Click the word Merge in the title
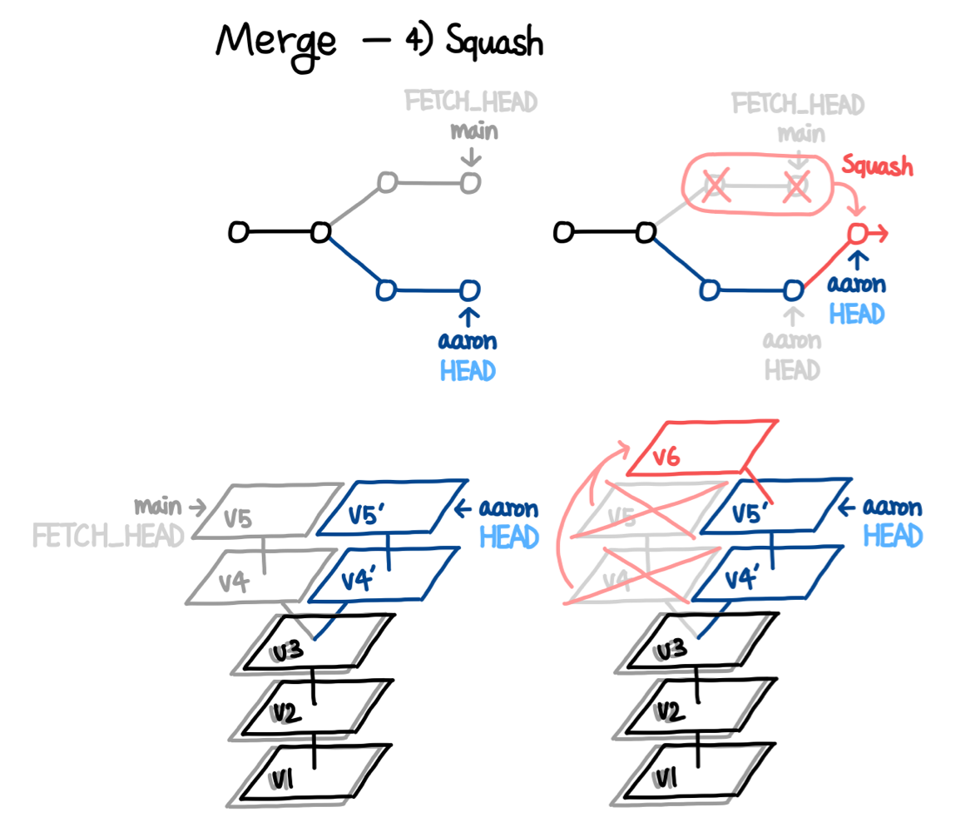click(275, 42)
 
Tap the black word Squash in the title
click(493, 42)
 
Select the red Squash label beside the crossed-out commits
click(877, 166)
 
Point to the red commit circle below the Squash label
click(857, 235)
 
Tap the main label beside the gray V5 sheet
click(158, 506)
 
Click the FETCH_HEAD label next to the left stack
click(108, 536)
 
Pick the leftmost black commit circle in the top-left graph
click(238, 234)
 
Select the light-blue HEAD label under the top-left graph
click(468, 370)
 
